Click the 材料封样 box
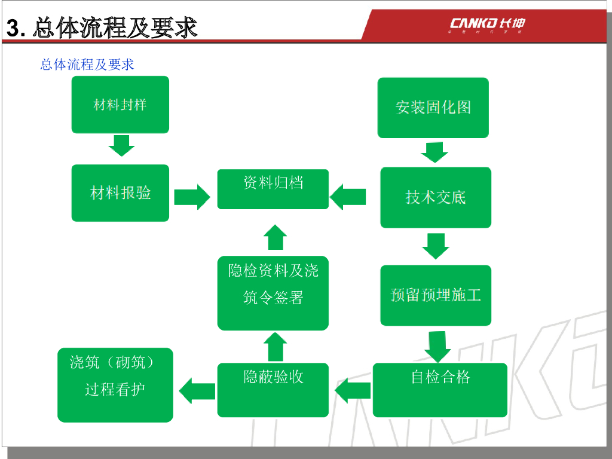(x=120, y=105)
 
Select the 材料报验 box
(x=120, y=193)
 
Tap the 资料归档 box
(x=273, y=189)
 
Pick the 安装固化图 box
(x=433, y=108)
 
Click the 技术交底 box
(x=435, y=197)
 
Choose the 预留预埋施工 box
(x=435, y=295)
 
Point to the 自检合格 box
(x=440, y=390)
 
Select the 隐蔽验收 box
(x=273, y=390)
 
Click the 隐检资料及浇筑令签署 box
(x=273, y=293)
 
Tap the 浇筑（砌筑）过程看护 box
(x=115, y=385)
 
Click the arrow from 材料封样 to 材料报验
(x=121, y=145)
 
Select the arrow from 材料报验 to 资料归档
(x=192, y=196)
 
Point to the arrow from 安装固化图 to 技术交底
(x=434, y=152)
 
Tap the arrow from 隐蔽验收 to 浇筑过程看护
(x=197, y=391)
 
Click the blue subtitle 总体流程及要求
(x=87, y=64)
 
